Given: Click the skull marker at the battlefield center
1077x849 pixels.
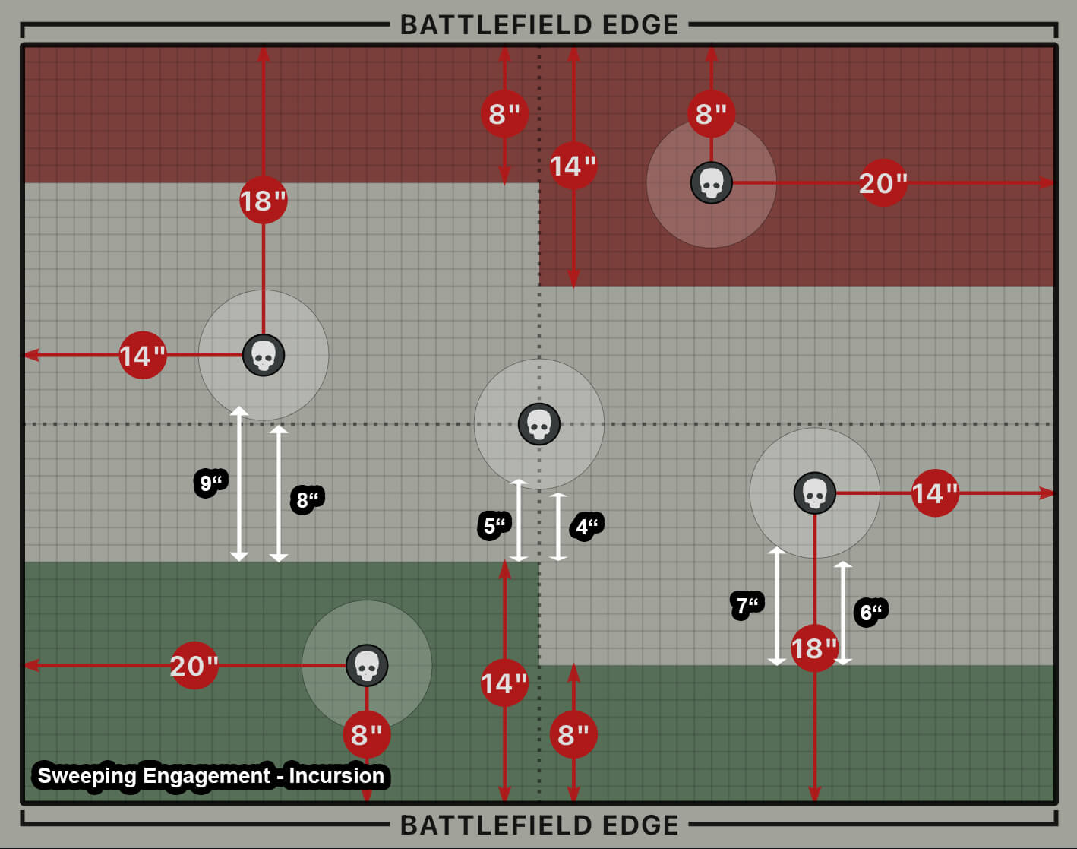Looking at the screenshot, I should (x=539, y=424).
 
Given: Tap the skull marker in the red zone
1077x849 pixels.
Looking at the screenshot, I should (x=712, y=183).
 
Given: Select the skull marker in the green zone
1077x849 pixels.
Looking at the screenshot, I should (x=367, y=666).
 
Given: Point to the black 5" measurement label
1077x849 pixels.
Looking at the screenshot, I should (x=494, y=525).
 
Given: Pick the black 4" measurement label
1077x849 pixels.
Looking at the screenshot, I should (x=587, y=526).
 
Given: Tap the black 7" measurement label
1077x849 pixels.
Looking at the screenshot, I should (x=747, y=606).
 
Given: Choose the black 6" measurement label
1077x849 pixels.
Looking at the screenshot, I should (x=870, y=612).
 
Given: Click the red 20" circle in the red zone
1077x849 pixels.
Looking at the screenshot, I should (x=883, y=183).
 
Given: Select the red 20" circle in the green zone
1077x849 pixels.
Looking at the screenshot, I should (x=194, y=666).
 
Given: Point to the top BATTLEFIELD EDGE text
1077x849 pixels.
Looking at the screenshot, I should (x=539, y=25).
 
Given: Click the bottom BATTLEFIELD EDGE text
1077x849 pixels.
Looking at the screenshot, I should (x=539, y=825).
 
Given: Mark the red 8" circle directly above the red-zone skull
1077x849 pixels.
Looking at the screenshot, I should (x=712, y=114).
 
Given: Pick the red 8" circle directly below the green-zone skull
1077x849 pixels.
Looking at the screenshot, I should (x=367, y=735).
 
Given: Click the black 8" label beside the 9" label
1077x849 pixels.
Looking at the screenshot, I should (x=307, y=500).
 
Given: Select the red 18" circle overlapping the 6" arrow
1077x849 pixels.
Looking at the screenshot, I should (x=814, y=648).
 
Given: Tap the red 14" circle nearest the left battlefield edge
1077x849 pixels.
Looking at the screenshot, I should (x=143, y=355).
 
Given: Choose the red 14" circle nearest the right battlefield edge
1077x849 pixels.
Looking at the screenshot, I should (x=935, y=493).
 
